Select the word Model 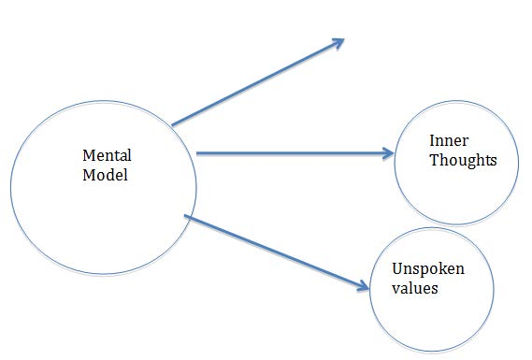coord(103,174)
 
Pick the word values coord(416,289)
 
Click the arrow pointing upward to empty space coord(257,82)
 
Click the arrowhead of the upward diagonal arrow coord(338,42)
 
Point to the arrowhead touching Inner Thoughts coord(388,153)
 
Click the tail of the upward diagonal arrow coord(175,122)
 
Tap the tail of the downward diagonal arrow coord(188,217)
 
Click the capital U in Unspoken coord(398,270)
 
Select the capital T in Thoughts coord(434,161)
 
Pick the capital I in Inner coord(432,141)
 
